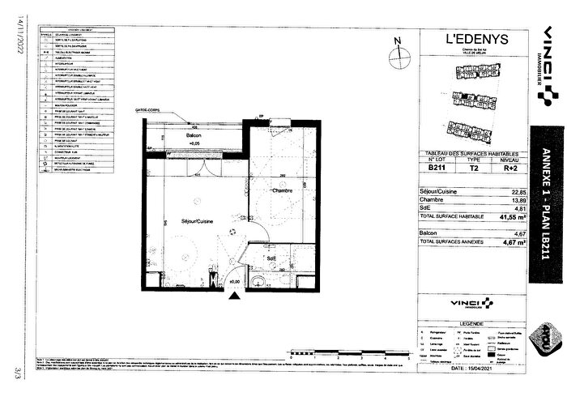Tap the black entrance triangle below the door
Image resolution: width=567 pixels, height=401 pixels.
pos(235,296)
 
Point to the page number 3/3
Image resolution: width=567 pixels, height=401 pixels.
pos(14,373)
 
